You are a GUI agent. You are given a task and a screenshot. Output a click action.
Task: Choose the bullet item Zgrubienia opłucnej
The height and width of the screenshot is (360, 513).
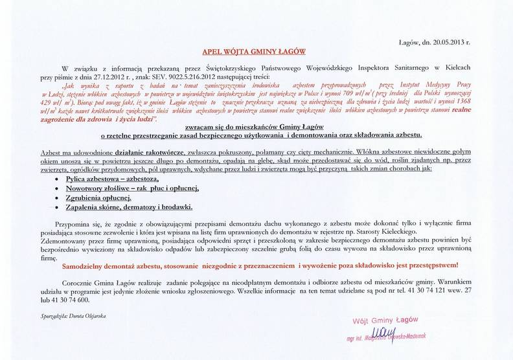click(x=98, y=197)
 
